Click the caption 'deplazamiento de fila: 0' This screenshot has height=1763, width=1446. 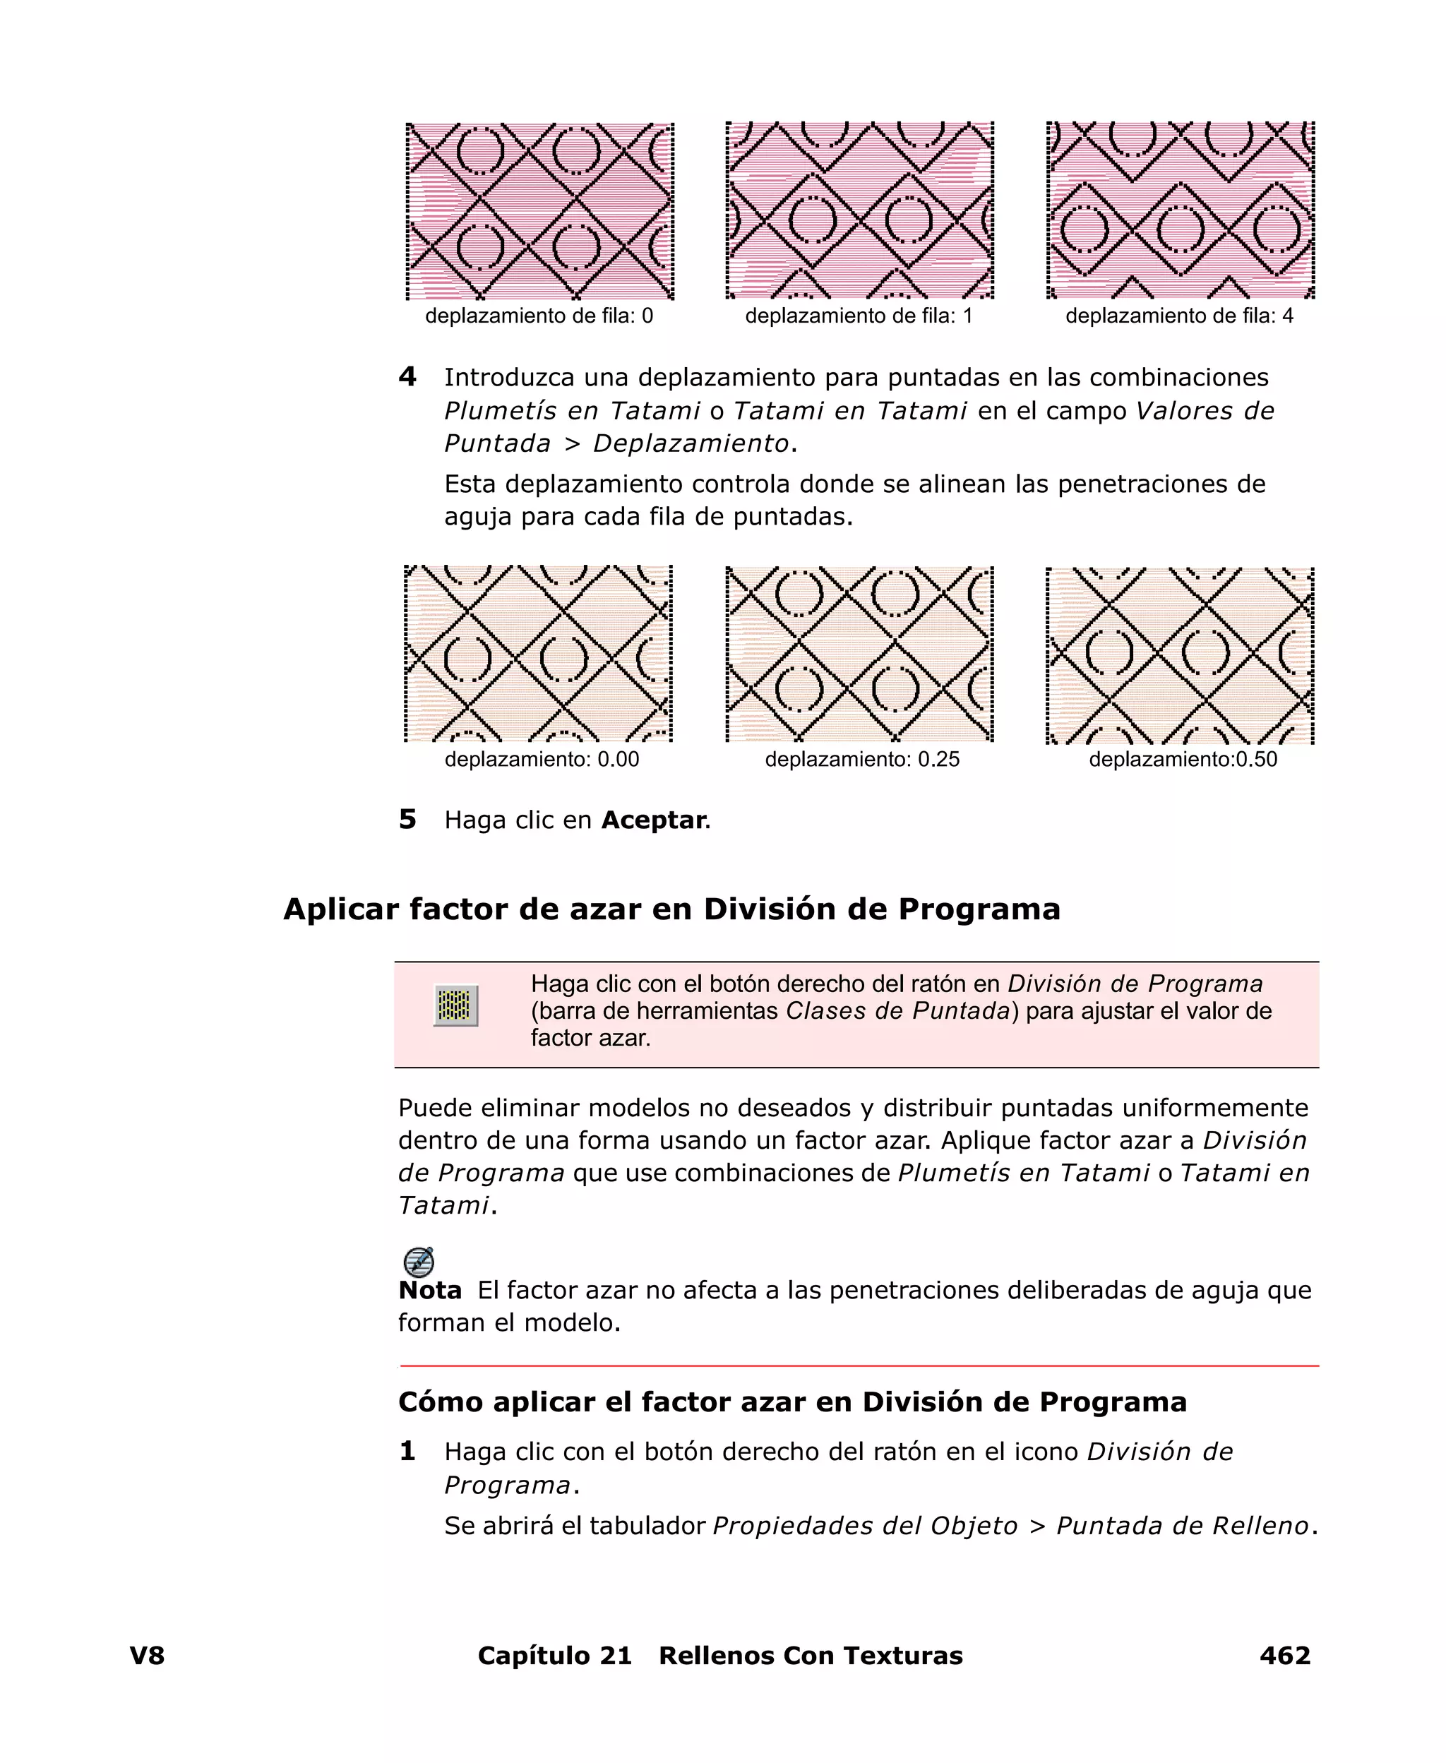(x=539, y=316)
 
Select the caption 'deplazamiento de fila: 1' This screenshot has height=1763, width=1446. (x=859, y=316)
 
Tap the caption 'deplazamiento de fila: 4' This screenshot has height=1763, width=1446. (x=1178, y=316)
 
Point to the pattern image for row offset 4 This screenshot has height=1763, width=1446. (x=1179, y=210)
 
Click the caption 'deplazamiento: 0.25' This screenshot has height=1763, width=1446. (x=862, y=760)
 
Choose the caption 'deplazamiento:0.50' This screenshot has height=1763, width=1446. (x=1183, y=760)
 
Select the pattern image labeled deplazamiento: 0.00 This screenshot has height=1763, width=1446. (x=538, y=654)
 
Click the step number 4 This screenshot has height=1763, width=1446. (x=407, y=377)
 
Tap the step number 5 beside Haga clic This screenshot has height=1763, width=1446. (x=407, y=820)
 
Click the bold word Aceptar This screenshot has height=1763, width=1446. (x=654, y=820)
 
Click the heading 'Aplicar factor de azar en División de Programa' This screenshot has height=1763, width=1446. (x=671, y=909)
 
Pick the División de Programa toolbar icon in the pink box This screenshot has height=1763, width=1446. (x=455, y=1006)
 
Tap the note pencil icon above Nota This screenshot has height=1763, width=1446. (x=418, y=1262)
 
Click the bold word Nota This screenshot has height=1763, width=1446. (x=430, y=1291)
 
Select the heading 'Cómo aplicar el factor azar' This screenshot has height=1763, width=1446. (x=792, y=1402)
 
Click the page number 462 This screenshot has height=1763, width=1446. (x=1284, y=1656)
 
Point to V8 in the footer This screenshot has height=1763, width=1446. (x=148, y=1656)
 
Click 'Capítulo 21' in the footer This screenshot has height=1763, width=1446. (x=555, y=1656)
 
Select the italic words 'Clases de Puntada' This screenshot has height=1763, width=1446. (x=898, y=1011)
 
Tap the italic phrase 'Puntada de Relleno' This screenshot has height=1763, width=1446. (x=1183, y=1526)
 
